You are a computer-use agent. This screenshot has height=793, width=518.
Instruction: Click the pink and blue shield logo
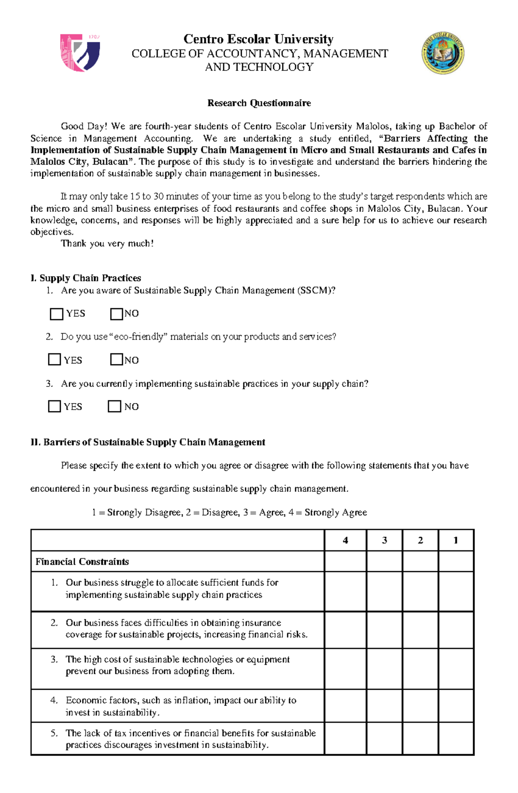[x=80, y=53]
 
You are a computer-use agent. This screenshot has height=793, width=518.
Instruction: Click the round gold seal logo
[x=442, y=53]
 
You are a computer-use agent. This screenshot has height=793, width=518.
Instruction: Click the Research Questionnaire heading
[x=259, y=103]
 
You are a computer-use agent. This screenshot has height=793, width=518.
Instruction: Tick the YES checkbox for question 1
[x=57, y=314]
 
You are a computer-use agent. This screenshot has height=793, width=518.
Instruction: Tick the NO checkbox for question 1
[x=117, y=314]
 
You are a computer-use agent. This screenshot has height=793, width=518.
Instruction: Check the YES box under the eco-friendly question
[x=54, y=360]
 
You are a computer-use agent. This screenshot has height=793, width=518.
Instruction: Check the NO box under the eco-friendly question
[x=117, y=360]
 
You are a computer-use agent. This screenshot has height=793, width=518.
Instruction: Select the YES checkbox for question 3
[x=54, y=406]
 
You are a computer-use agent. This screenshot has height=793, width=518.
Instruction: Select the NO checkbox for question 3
[x=114, y=406]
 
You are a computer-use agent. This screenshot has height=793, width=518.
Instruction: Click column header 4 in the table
[x=345, y=540]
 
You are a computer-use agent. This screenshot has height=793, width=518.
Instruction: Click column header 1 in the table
[x=456, y=540]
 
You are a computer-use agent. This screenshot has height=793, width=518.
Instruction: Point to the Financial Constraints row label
[x=82, y=562]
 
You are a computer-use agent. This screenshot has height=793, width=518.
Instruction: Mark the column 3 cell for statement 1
[x=384, y=591]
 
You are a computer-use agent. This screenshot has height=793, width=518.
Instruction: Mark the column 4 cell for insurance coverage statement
[x=345, y=630]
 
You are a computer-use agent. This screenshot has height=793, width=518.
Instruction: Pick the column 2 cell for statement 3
[x=420, y=669]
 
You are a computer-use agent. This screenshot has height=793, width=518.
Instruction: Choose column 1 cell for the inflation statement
[x=456, y=706]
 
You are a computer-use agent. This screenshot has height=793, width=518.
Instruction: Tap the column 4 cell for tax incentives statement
[x=345, y=739]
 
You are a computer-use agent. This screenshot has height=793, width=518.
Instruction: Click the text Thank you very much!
[x=107, y=243]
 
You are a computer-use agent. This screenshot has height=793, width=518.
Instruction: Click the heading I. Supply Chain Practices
[x=86, y=278]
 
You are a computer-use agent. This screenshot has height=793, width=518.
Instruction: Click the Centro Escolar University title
[x=259, y=39]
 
